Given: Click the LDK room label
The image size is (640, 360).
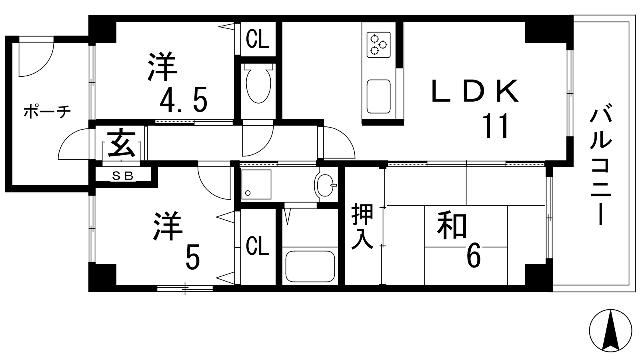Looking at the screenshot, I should (475, 92).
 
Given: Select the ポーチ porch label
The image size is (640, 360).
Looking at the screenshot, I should (47, 112).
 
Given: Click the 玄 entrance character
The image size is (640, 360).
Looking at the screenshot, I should (121, 144).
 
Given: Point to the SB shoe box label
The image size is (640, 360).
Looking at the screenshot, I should (122, 176).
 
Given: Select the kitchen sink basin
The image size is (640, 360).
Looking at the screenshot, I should (378, 96).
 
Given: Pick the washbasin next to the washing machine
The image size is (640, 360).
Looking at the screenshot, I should (325, 185).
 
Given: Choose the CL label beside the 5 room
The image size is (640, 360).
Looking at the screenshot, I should (258, 247).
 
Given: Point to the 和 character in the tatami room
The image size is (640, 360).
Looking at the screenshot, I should (452, 226).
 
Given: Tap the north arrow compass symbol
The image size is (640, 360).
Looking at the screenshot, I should (610, 330).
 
